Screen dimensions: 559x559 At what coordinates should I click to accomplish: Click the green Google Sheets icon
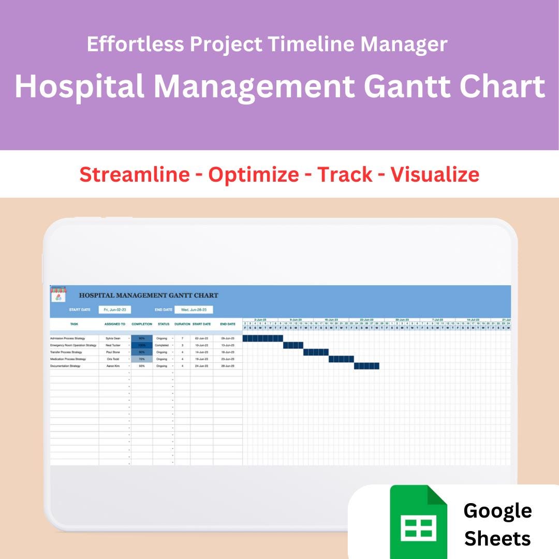418,521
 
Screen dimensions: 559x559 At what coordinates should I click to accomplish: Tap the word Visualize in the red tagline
435,174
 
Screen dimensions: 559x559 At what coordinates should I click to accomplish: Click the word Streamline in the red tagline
135,174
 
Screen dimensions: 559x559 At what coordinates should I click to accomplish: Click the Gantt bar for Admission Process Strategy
263,339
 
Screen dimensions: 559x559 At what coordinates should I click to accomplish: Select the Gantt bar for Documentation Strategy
366,366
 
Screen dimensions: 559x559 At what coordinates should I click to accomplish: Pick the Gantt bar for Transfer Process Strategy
316,352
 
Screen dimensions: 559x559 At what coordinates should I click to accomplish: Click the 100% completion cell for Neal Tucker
142,345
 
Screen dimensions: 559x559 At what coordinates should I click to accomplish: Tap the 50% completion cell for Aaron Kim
142,366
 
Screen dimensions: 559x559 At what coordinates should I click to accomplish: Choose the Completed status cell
161,345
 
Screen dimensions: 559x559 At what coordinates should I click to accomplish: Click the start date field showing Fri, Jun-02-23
115,310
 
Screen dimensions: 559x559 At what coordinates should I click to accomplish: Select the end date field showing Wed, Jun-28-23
194,310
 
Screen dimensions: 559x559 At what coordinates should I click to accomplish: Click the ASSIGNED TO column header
115,325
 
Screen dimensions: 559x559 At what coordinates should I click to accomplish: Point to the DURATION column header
182,325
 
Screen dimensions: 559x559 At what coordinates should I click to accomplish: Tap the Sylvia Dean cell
113,339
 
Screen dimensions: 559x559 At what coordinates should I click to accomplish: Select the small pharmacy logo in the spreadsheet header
58,294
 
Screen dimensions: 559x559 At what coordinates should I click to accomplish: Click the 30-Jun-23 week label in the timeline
402,320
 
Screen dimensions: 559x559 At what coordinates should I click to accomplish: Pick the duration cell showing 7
182,339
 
